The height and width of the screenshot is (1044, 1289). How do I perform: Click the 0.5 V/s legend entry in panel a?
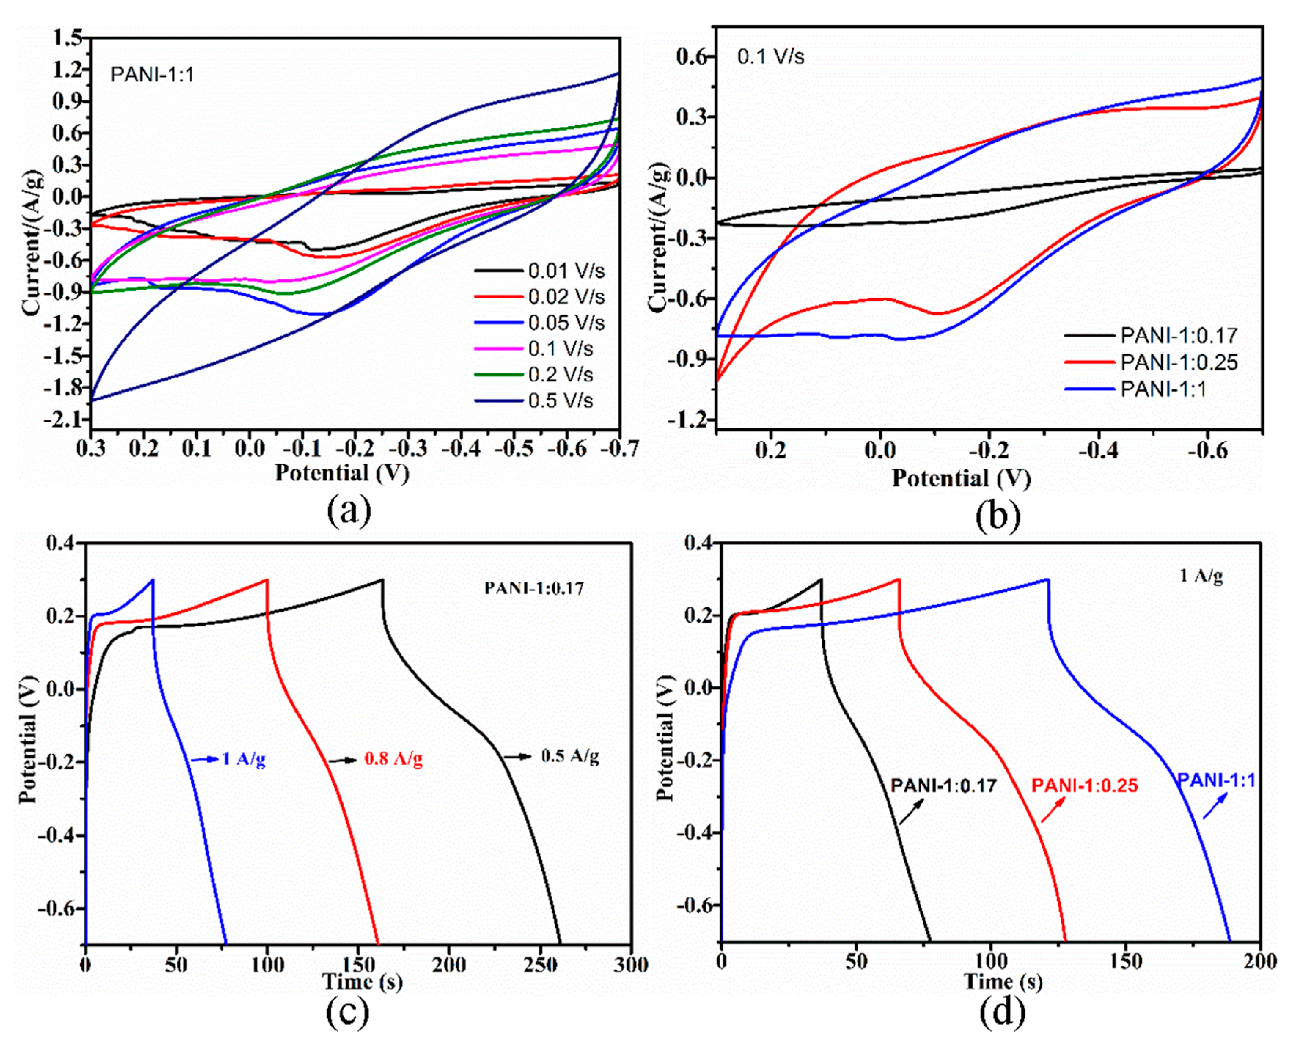tap(560, 400)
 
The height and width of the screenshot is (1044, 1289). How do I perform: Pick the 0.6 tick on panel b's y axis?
tap(694, 56)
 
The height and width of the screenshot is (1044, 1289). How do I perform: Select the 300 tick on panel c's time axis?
tap(630, 965)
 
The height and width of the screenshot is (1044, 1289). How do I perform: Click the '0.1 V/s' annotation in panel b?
tap(770, 58)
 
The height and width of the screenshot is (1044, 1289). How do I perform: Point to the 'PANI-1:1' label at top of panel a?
tap(152, 75)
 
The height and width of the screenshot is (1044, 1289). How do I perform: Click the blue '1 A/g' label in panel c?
tap(243, 759)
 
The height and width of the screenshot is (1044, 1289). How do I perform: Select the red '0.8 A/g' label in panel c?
tap(393, 759)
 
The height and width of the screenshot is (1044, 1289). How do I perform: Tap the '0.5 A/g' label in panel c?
tap(569, 756)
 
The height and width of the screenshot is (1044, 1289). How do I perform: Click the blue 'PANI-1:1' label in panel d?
tap(1216, 781)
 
